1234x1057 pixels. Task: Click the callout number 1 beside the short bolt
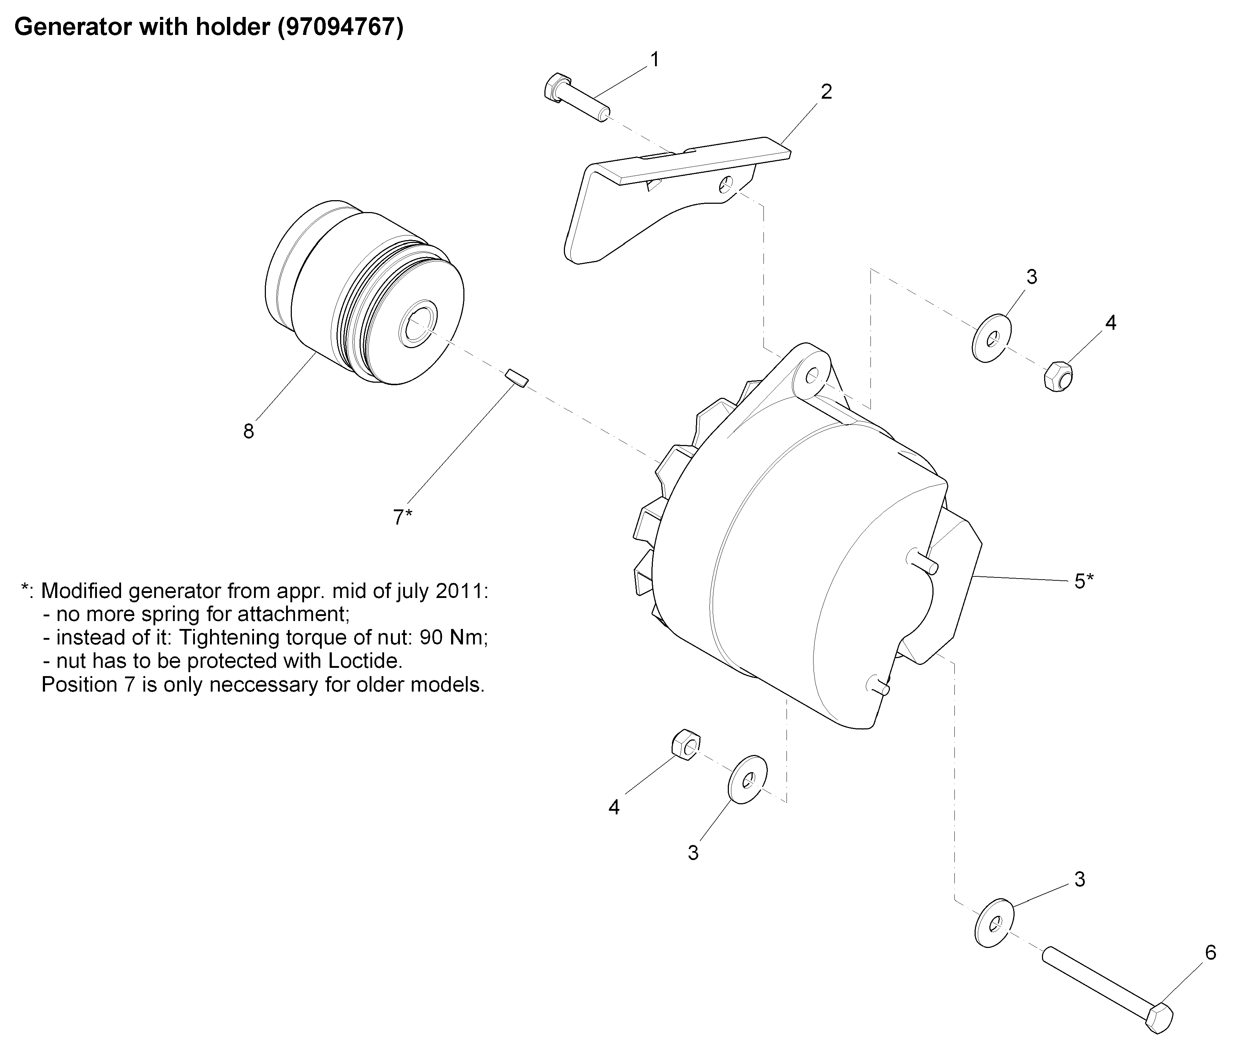coord(655,60)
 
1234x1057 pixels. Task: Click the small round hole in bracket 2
coord(725,186)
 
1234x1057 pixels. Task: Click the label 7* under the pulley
coord(402,517)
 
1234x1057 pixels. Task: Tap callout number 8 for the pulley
coord(248,431)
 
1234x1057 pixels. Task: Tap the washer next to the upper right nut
coord(992,339)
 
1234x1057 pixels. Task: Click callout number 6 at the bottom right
coord(1210,952)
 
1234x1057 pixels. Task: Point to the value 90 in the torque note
coord(432,638)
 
